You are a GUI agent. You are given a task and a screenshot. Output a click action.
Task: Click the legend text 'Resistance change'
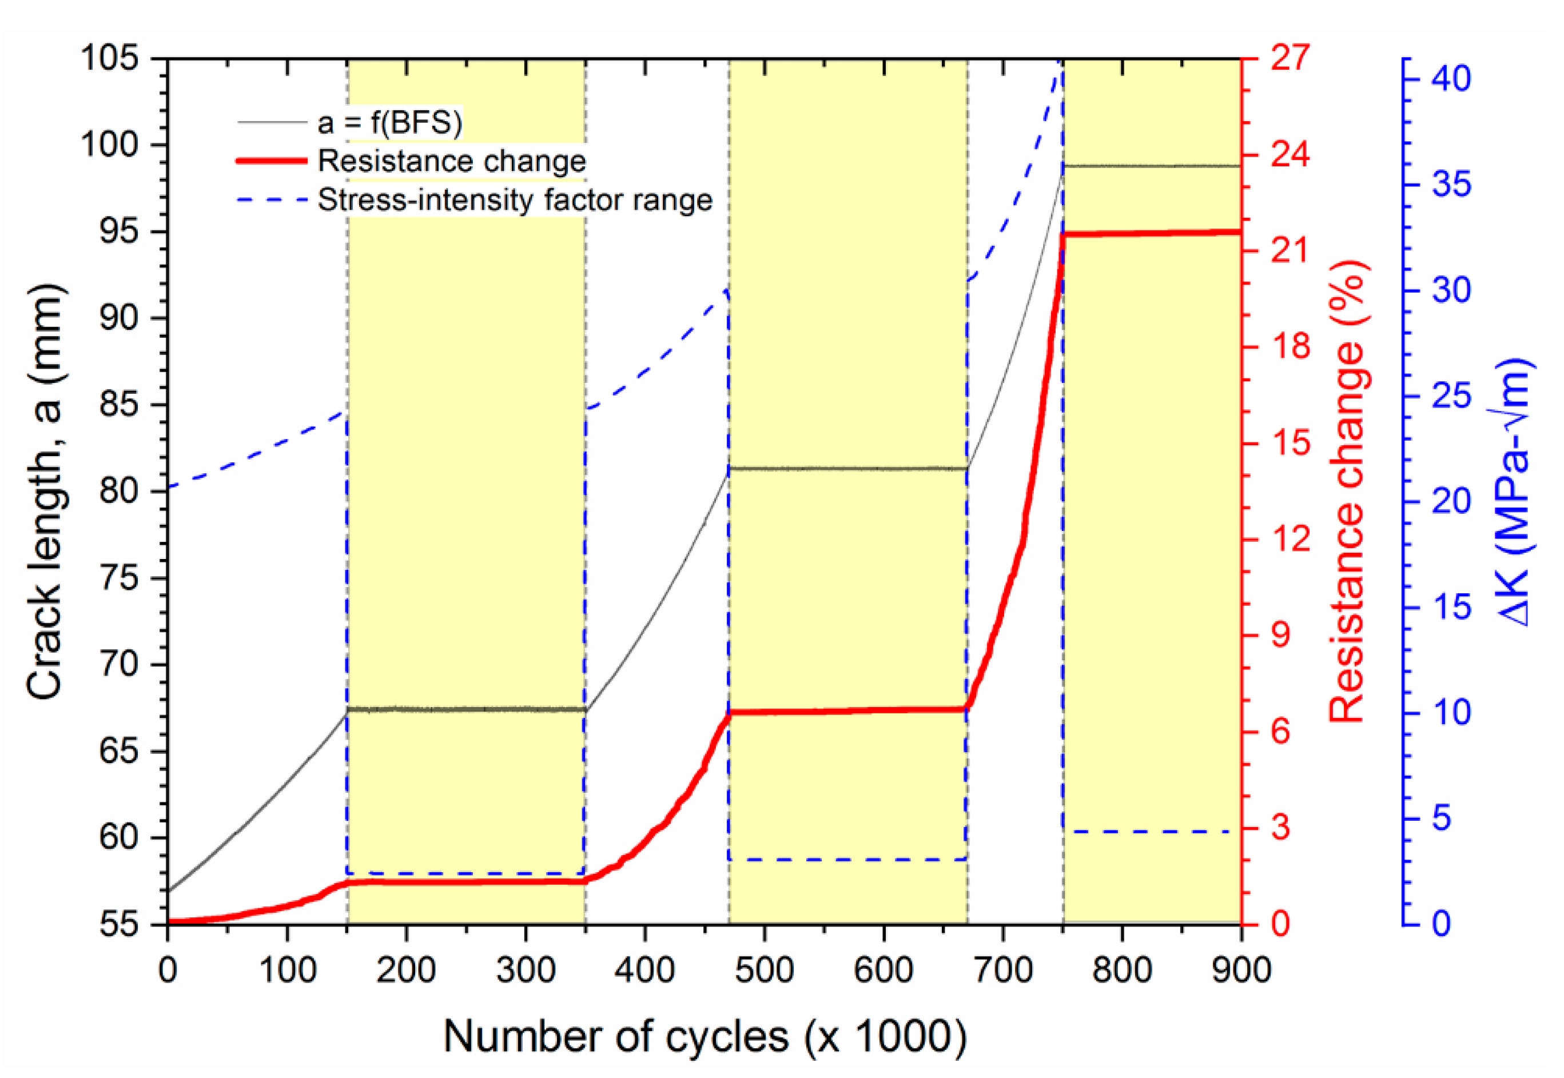(451, 161)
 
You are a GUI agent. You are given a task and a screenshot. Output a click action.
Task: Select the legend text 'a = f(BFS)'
(390, 122)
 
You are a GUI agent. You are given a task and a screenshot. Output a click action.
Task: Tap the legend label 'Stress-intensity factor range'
(515, 200)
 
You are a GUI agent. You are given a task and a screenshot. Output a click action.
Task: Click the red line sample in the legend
(272, 161)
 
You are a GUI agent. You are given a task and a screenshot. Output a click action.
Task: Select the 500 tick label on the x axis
(764, 971)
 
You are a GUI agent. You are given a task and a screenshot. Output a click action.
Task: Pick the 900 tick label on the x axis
(1241, 971)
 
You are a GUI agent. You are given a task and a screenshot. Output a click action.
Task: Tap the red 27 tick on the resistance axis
(1290, 58)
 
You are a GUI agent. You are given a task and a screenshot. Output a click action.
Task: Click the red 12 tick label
(1290, 539)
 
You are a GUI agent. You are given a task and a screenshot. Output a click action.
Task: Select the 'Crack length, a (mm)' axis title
(45, 491)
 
